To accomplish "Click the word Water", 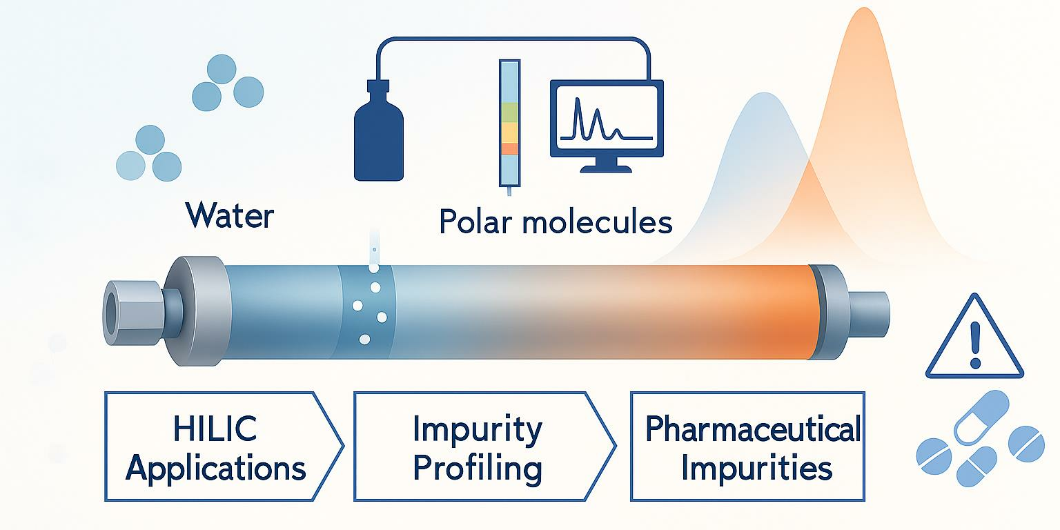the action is coord(230,216).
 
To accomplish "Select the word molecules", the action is coord(597,221).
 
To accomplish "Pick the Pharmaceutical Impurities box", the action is coord(747,446).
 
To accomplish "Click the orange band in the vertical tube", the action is coord(510,149).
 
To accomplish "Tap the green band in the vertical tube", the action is coord(510,112).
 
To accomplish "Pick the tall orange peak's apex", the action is coord(864,8).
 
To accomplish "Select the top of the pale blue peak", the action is coord(764,93).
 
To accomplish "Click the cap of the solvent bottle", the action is coord(378,86).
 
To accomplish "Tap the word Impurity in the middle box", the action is coord(477,430).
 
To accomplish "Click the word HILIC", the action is coord(215,429).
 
